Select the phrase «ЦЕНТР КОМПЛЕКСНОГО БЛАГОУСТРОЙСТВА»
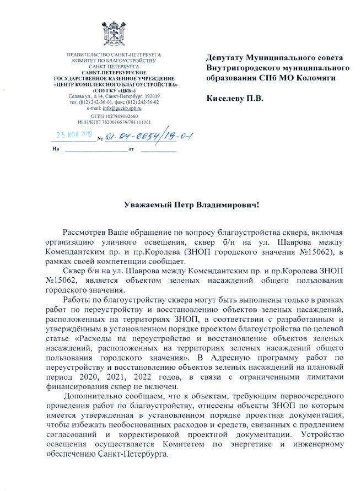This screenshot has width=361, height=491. (x=113, y=84)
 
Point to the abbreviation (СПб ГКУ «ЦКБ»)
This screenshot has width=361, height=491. (x=114, y=90)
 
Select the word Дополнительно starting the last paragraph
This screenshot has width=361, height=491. (x=94, y=397)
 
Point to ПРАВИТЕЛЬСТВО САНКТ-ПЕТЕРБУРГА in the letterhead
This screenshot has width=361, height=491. (x=113, y=55)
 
